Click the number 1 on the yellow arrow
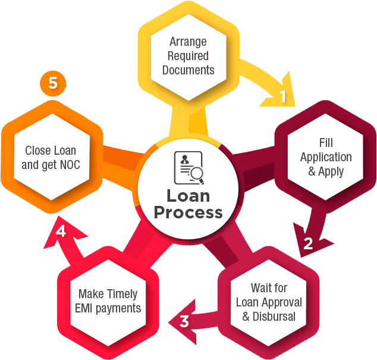[x=283, y=96]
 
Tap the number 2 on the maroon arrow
[x=308, y=243]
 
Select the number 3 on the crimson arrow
[x=184, y=322]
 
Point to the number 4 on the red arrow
[x=61, y=231]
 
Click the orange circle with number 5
[x=53, y=83]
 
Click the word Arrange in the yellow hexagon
[x=188, y=42]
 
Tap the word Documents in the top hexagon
[x=188, y=70]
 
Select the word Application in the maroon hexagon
[x=326, y=157]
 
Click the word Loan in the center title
[x=188, y=195]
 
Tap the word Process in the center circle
[x=188, y=212]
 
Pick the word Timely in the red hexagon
[x=121, y=294]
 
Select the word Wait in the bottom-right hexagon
[x=260, y=288]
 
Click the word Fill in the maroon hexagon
[x=326, y=143]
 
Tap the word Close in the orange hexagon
[x=37, y=151]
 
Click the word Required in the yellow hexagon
[x=188, y=56]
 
